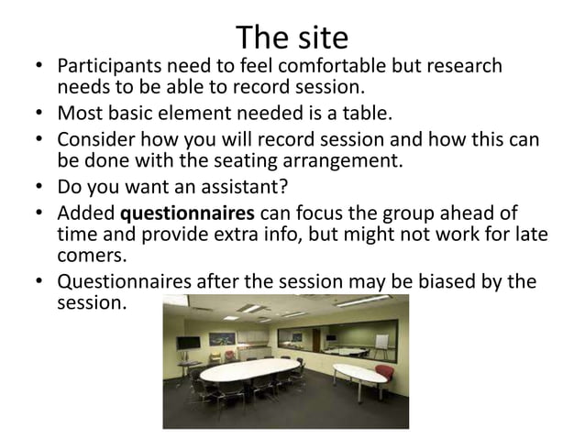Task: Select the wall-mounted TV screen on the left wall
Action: [x=187, y=343]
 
